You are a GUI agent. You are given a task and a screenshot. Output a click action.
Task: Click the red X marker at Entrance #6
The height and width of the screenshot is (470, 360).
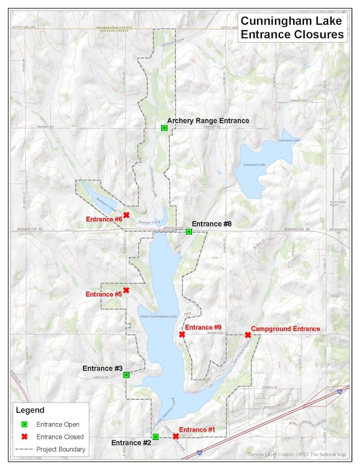(x=126, y=215)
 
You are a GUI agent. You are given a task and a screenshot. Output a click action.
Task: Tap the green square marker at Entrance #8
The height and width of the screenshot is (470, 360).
(x=188, y=231)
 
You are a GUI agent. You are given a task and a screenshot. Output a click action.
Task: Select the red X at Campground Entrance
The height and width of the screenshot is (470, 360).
(x=248, y=335)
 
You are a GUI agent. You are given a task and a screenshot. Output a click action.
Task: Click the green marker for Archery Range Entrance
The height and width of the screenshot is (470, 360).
(x=164, y=128)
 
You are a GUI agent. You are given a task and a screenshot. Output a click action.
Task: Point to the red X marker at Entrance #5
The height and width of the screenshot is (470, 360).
(x=126, y=290)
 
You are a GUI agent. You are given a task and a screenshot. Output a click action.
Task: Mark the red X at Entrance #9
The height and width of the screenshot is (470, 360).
(x=182, y=334)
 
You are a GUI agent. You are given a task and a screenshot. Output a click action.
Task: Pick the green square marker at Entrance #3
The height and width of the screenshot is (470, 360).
(x=126, y=375)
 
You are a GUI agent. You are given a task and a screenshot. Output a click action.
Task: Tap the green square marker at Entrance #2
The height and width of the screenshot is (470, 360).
(x=155, y=436)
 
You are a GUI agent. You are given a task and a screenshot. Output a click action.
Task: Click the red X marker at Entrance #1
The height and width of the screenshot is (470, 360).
(x=175, y=436)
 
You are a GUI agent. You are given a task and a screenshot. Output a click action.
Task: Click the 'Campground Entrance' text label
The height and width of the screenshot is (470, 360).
(x=285, y=329)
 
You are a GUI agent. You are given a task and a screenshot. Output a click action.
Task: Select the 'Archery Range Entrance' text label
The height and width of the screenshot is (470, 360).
(x=208, y=121)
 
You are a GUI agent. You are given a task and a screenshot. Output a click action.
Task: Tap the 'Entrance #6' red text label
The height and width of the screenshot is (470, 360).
(x=104, y=219)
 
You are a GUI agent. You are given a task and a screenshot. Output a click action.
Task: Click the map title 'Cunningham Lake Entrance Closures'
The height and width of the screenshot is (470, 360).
(x=293, y=28)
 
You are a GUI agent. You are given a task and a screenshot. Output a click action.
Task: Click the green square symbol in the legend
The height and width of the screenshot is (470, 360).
(x=25, y=424)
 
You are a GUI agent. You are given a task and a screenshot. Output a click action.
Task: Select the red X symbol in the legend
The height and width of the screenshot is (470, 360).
(x=25, y=437)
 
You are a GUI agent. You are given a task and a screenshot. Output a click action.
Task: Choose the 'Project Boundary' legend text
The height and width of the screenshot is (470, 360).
(x=61, y=449)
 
